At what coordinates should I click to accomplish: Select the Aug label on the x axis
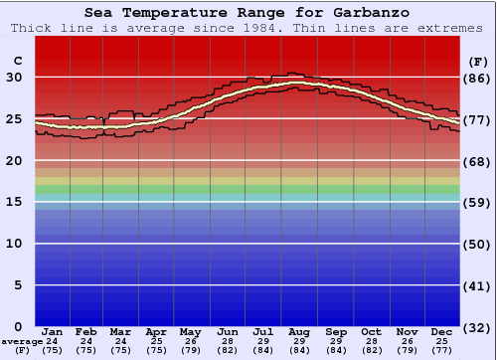click(299, 331)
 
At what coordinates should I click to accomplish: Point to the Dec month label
click(442, 331)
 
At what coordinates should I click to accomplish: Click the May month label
click(190, 331)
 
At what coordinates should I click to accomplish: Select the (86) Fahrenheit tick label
click(477, 78)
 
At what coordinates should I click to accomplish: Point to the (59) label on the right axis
click(477, 202)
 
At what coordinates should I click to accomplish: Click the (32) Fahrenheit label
click(477, 327)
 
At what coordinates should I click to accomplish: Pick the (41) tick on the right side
click(477, 285)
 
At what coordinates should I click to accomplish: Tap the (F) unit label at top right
click(477, 62)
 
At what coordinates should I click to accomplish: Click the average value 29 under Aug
click(299, 341)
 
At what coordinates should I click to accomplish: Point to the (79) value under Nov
click(409, 350)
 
